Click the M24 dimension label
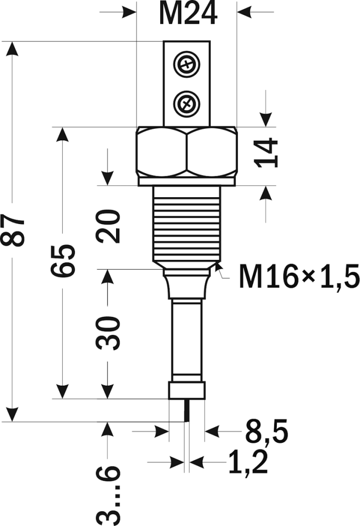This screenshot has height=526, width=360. (187, 14)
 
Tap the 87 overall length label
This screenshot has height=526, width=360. (15, 231)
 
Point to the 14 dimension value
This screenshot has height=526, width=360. (267, 153)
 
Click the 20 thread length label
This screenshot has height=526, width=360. (109, 227)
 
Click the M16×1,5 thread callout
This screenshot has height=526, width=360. (298, 278)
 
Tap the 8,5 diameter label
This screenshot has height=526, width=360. (266, 432)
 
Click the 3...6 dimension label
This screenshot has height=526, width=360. (109, 493)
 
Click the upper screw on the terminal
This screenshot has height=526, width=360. (186, 65)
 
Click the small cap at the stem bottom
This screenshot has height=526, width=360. (187, 390)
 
